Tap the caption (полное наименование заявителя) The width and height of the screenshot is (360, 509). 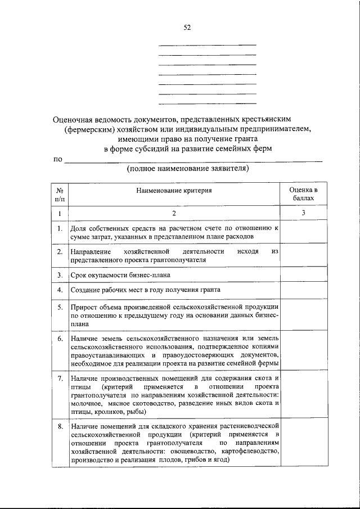187,168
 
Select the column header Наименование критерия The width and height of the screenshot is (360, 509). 174,191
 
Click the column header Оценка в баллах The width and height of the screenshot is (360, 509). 303,195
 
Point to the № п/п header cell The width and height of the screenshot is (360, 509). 59,195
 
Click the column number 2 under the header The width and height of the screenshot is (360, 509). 174,213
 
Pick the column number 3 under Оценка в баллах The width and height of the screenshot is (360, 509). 303,213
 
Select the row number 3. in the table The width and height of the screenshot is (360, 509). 59,275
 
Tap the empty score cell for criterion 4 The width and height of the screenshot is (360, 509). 303,290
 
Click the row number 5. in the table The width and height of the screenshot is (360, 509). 59,307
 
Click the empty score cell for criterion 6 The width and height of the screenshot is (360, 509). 303,351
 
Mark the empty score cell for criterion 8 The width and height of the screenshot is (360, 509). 303,444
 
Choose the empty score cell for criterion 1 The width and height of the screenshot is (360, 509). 303,232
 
